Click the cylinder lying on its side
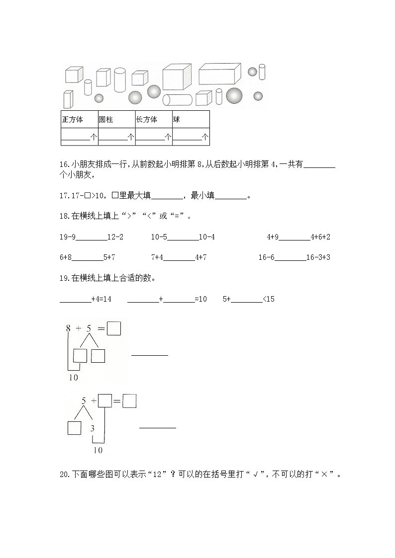tap(177, 100)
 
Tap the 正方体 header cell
tap(73, 120)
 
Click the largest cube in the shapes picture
tap(177, 77)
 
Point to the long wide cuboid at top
tap(219, 74)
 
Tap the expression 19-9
tap(67, 237)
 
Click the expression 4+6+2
tap(320, 237)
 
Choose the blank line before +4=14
tap(75, 299)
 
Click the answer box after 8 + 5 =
tap(114, 328)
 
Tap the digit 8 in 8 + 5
tap(68, 328)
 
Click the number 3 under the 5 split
tap(93, 428)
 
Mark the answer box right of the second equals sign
tap(129, 401)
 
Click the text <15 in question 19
tap(269, 299)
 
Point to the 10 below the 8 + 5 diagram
tap(73, 378)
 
